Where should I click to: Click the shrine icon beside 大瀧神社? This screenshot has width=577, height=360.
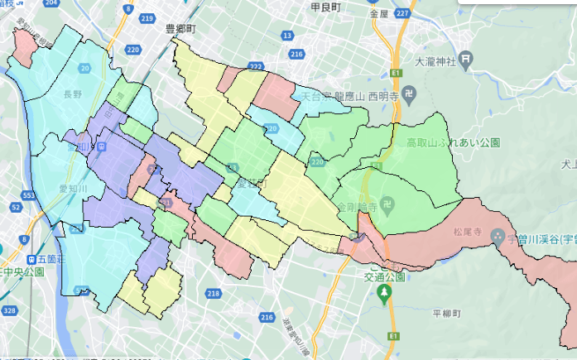(x=468, y=60)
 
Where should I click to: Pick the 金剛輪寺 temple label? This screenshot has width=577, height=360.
(x=356, y=203)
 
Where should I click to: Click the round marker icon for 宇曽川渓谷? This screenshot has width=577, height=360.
(x=498, y=237)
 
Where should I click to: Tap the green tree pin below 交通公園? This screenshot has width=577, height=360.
(x=382, y=292)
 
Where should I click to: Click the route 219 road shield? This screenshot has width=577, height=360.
(x=148, y=17)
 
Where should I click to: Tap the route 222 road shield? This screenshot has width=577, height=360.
(x=256, y=66)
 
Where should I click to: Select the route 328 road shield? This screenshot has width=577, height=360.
(x=9, y=310)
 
